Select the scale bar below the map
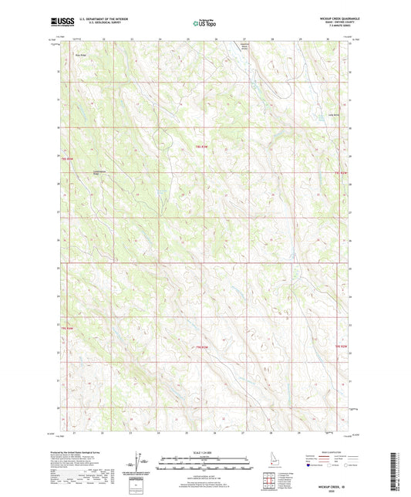coord(205,465)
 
